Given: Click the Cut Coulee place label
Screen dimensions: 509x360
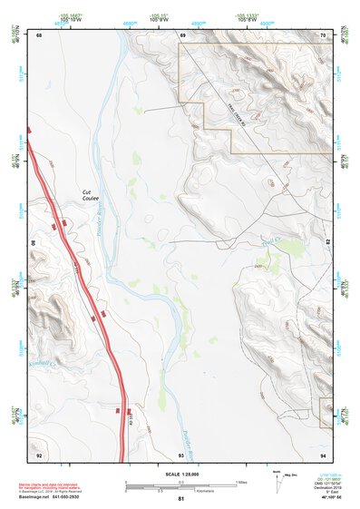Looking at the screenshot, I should (x=92, y=196).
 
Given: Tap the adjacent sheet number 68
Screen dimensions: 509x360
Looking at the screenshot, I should (x=39, y=34).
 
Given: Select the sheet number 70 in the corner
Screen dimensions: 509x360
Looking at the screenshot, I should (x=324, y=34).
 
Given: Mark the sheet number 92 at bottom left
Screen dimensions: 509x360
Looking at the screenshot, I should (x=39, y=454).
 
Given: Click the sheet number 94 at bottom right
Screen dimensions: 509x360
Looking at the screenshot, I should (x=324, y=454).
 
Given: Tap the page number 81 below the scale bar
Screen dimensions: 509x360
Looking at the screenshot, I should (x=181, y=499).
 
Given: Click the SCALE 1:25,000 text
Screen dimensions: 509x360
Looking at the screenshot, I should (x=180, y=475).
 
